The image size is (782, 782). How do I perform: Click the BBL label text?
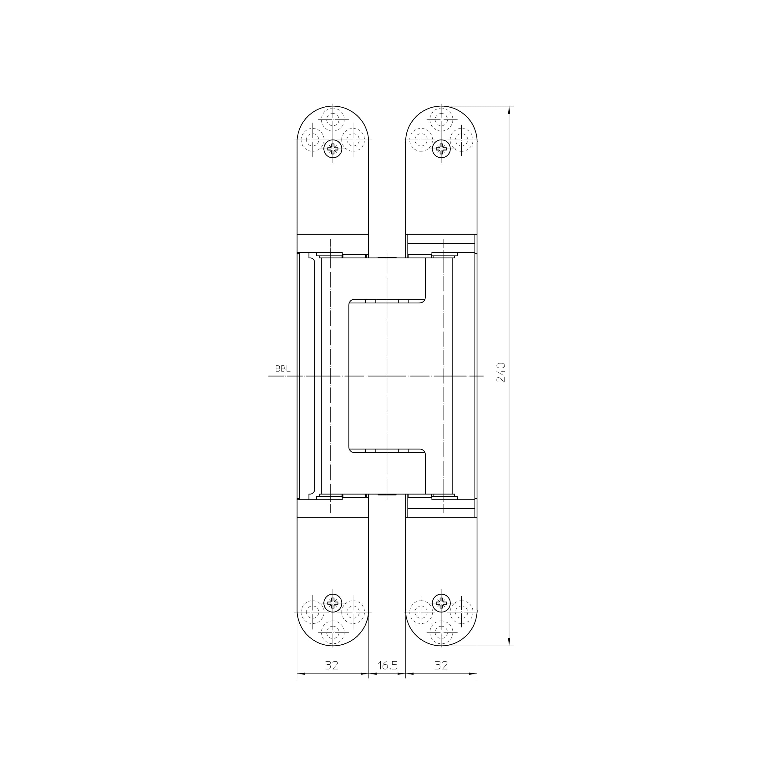pyautogui.click(x=282, y=369)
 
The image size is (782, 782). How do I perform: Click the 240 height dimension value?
pyautogui.click(x=501, y=372)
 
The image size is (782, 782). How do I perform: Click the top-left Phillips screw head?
pyautogui.click(x=333, y=149)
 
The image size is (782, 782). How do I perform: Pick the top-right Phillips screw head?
pyautogui.click(x=441, y=149)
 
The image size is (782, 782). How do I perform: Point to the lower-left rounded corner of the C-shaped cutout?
pyautogui.click(x=351, y=450)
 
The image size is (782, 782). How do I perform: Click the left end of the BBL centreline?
pyautogui.click(x=269, y=376)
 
